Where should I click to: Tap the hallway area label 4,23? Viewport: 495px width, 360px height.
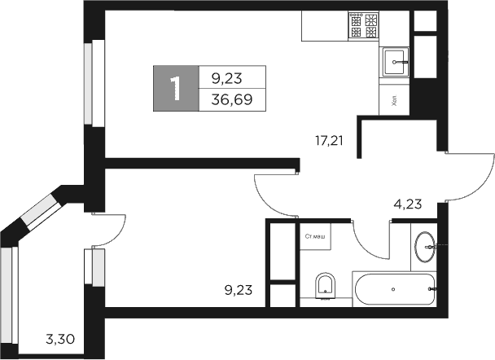click(407, 204)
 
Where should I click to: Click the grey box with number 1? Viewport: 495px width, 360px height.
click(175, 88)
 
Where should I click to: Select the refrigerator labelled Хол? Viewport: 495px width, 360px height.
click(394, 101)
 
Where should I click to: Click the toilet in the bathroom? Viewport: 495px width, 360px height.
click(326, 284)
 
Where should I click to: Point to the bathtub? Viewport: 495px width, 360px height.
click(394, 288)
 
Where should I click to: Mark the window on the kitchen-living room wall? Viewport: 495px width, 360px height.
click(92, 82)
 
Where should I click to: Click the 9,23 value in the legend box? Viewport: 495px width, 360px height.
click(227, 78)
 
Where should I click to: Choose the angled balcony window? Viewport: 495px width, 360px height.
click(35, 213)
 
